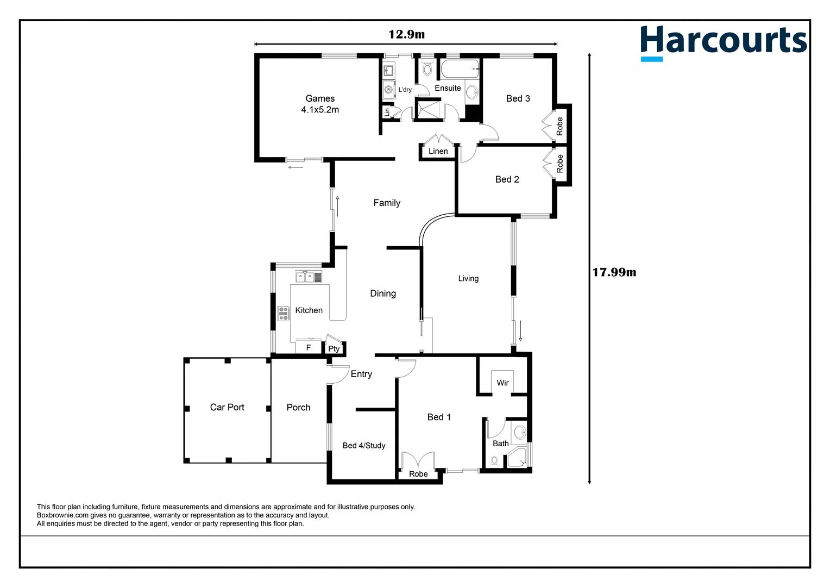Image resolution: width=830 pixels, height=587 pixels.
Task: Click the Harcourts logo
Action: (x=723, y=42)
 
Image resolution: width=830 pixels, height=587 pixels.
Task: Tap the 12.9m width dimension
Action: (x=406, y=34)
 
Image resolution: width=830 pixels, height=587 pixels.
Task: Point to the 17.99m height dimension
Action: (x=614, y=272)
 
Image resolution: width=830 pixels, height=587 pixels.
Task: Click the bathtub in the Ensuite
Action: (x=460, y=69)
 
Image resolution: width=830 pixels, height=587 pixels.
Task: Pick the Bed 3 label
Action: (x=518, y=98)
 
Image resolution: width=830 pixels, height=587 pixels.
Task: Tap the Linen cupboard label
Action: (x=438, y=151)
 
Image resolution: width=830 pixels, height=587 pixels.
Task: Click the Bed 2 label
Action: (x=507, y=179)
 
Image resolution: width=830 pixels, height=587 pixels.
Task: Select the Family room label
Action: (x=387, y=203)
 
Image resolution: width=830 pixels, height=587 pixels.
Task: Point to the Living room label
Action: (x=468, y=278)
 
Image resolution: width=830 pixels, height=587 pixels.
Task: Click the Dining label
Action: (x=383, y=293)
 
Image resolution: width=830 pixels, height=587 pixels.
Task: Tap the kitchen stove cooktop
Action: (x=283, y=313)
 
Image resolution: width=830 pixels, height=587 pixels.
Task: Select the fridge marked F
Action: (x=309, y=347)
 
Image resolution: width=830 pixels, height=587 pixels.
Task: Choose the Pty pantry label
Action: (x=334, y=348)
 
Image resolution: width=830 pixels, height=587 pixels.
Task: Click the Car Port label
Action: (x=227, y=407)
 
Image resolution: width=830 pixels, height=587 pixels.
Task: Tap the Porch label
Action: (x=298, y=407)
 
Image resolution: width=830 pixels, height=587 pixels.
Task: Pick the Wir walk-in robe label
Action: (x=502, y=383)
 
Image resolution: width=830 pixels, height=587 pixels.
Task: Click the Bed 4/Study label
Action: (x=364, y=446)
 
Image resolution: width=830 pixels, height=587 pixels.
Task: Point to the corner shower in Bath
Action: (x=518, y=460)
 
